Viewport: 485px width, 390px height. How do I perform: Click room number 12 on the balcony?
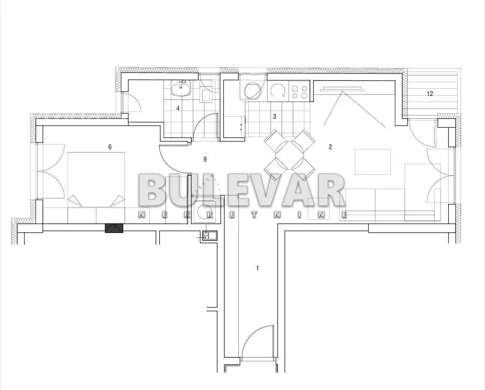(430, 93)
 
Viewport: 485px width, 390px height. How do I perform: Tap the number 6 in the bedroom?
(110, 147)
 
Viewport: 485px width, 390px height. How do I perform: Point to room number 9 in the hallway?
(205, 159)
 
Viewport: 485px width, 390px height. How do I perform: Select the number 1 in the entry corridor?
(257, 268)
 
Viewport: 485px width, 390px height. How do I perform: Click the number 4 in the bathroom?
(178, 108)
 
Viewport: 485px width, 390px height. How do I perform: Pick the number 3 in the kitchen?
(274, 117)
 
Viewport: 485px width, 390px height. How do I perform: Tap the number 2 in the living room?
(330, 147)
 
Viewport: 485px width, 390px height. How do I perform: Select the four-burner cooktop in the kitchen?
(299, 91)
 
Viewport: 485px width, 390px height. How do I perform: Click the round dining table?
(289, 155)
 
